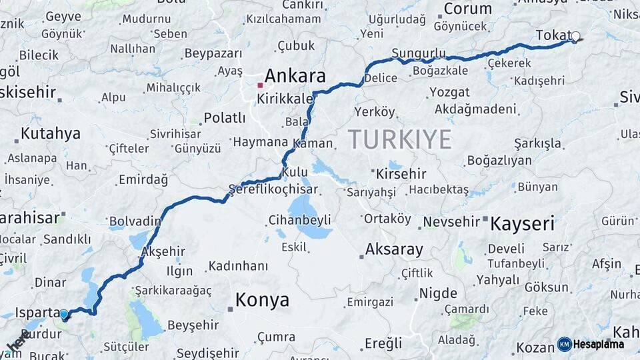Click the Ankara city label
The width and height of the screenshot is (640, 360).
coord(295,76)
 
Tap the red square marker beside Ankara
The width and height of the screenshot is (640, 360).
coord(260,85)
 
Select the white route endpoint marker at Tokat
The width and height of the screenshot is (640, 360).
coord(575,37)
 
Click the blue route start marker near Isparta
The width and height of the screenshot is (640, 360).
coord(64,314)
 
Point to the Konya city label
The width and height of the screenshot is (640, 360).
coord(262,300)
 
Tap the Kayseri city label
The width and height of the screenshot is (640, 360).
coord(522,224)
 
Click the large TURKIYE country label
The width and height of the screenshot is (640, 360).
coord(399,139)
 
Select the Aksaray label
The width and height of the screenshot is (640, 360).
coord(393,251)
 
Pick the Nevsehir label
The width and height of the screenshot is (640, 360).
coord(451,221)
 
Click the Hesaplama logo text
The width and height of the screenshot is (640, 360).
coord(599,345)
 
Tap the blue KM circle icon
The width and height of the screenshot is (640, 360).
coord(565,344)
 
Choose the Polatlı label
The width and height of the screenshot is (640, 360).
coord(225,118)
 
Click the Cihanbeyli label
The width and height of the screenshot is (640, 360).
coord(299,219)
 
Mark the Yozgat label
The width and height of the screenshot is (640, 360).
coord(449,91)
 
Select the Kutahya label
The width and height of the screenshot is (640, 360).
coord(50,133)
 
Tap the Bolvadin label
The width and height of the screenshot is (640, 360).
coord(135,221)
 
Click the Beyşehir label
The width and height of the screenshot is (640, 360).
coord(192,325)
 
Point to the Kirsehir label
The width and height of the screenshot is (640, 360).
coord(401,174)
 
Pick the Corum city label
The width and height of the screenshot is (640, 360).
coord(467,9)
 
